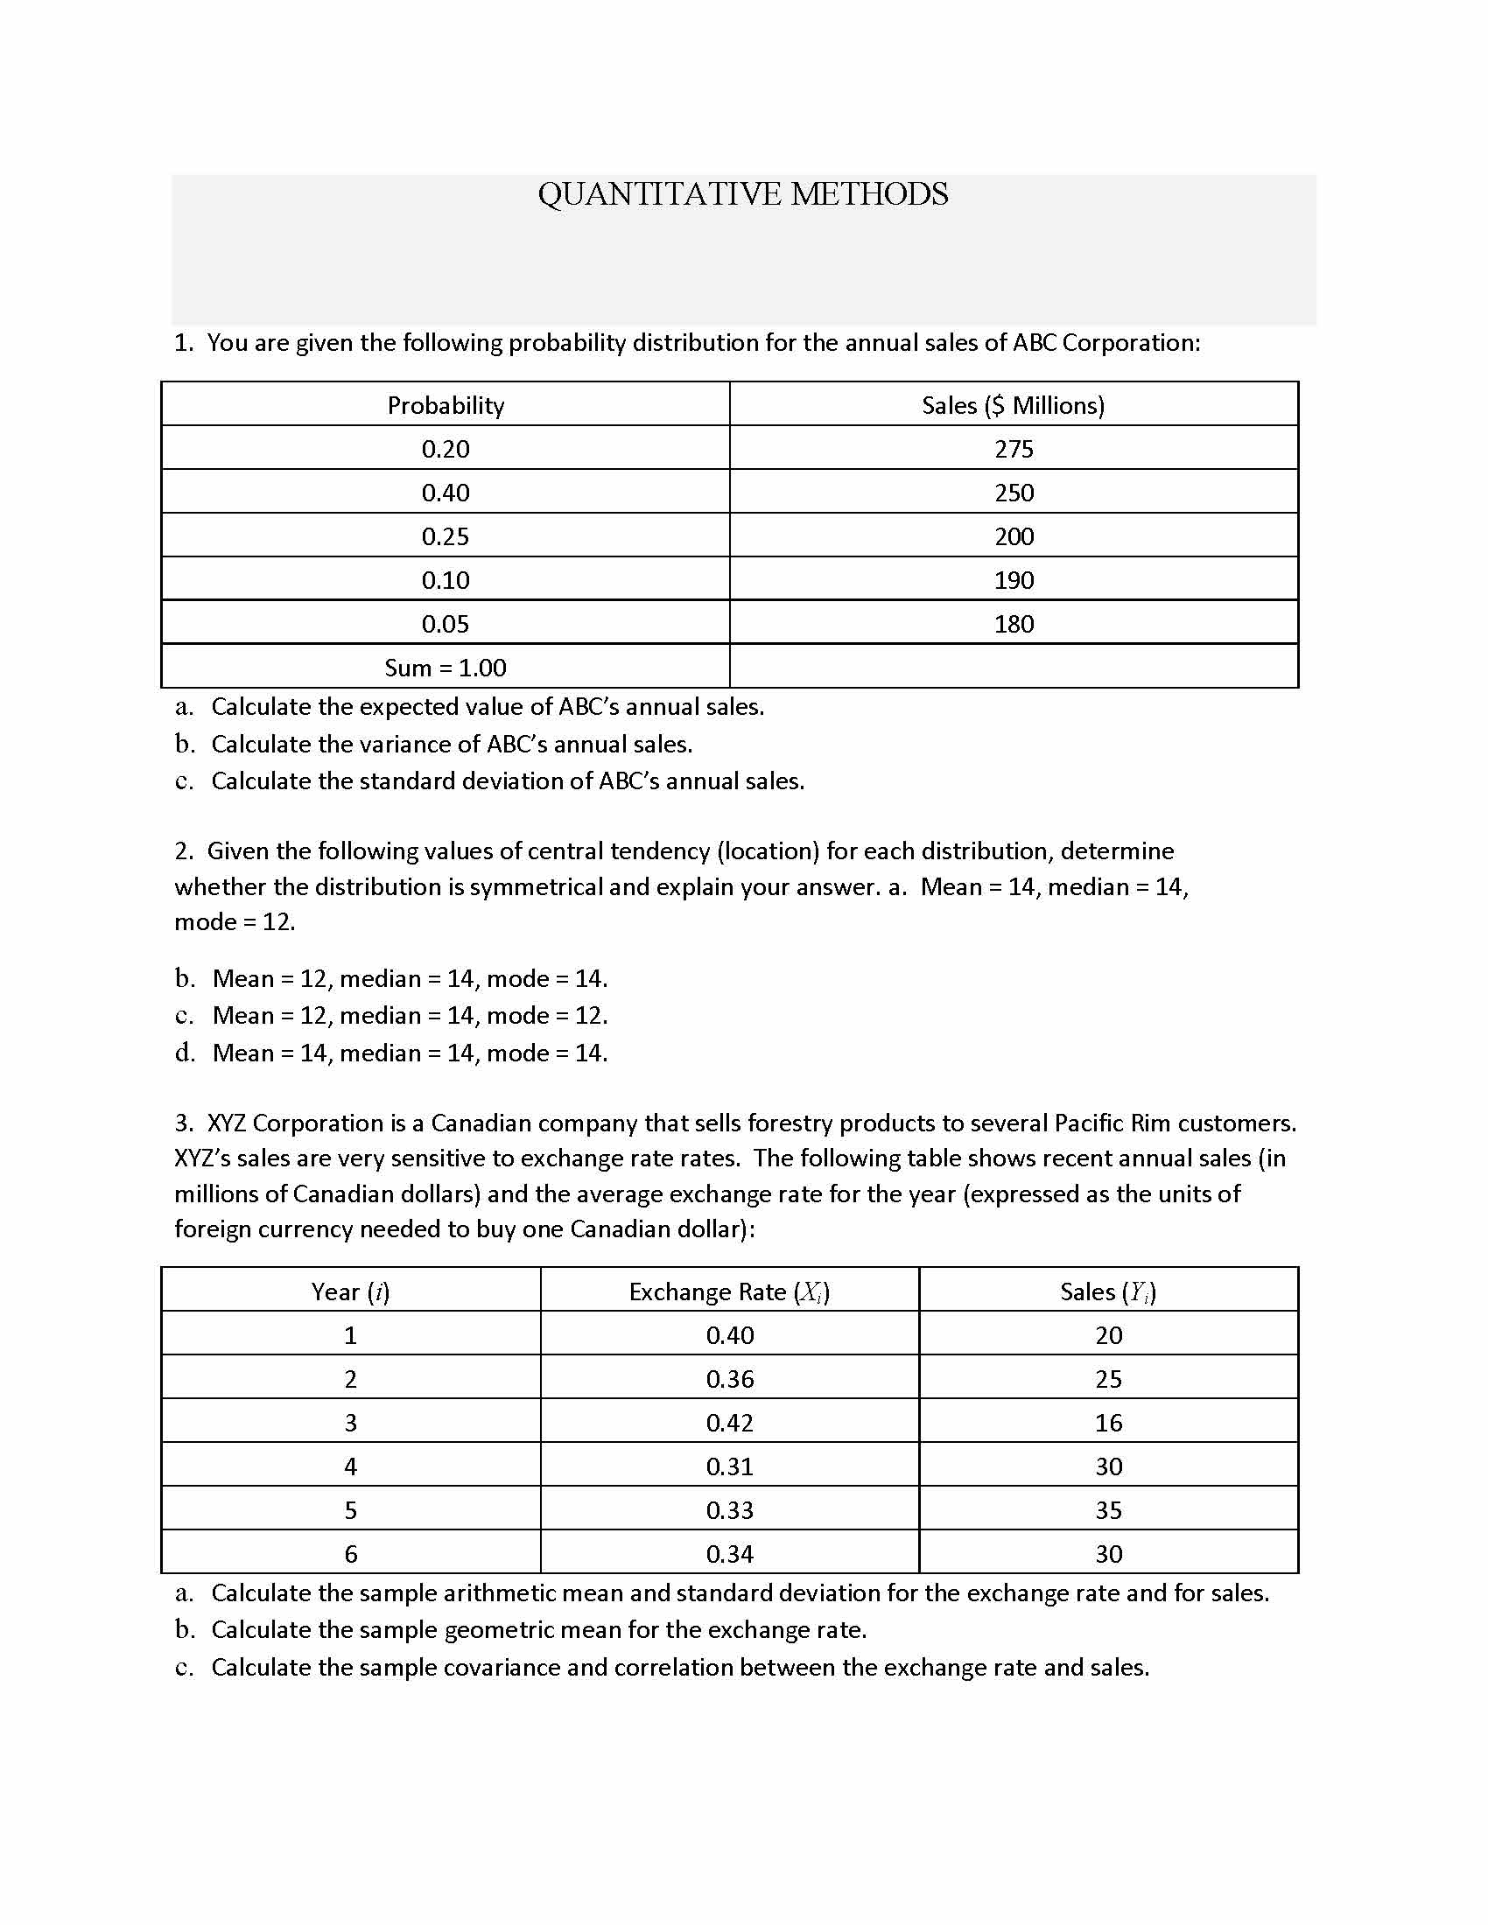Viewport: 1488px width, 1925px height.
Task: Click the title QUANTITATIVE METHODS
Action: pos(743,194)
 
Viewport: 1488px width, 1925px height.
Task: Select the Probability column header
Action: pos(446,405)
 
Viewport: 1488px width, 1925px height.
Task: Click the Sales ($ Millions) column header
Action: pos(1013,405)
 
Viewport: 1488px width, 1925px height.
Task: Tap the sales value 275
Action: pos(1014,450)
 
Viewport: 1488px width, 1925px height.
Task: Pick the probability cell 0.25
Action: pos(446,536)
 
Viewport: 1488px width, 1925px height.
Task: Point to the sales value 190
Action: pos(1014,581)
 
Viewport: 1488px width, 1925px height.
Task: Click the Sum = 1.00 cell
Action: pos(446,668)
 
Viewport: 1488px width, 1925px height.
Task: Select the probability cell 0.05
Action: pos(446,624)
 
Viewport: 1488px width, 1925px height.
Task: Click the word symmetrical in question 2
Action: pos(536,886)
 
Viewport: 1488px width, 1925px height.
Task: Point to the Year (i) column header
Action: pos(350,1292)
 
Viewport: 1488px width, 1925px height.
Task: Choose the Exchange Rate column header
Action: pos(729,1292)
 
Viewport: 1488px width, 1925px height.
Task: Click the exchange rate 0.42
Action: pos(730,1424)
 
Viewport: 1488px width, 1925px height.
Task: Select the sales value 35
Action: pos(1108,1511)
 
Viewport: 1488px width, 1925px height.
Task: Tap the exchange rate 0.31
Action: pos(730,1466)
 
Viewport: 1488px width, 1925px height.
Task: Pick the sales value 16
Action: pos(1108,1424)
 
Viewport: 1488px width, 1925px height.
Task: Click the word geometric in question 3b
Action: pos(499,1631)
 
